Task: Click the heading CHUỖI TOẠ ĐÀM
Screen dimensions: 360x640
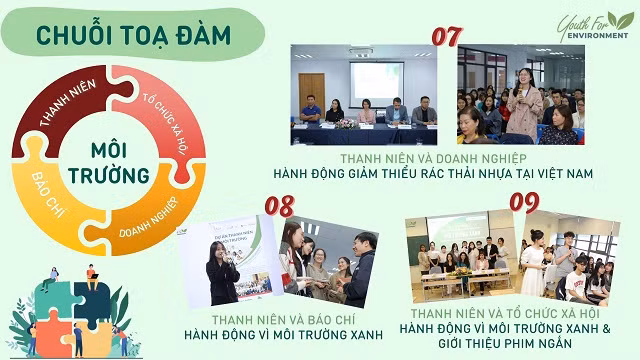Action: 133,33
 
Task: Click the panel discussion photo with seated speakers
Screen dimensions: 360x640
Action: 369,95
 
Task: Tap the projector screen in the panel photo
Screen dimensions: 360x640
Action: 376,83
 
